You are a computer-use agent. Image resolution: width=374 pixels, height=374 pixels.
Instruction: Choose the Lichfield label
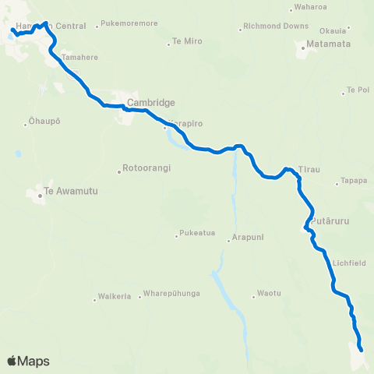348,263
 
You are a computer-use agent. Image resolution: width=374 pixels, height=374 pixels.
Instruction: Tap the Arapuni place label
247,240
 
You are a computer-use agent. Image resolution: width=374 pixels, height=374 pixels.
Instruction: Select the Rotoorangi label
146,168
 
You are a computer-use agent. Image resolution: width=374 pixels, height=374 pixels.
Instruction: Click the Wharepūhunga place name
172,295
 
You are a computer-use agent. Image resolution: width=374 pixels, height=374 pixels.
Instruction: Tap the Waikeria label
114,296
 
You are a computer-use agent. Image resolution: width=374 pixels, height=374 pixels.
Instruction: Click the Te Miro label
186,41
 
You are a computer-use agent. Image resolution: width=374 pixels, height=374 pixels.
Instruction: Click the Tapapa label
354,182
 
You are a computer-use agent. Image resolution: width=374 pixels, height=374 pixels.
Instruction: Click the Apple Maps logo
28,361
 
